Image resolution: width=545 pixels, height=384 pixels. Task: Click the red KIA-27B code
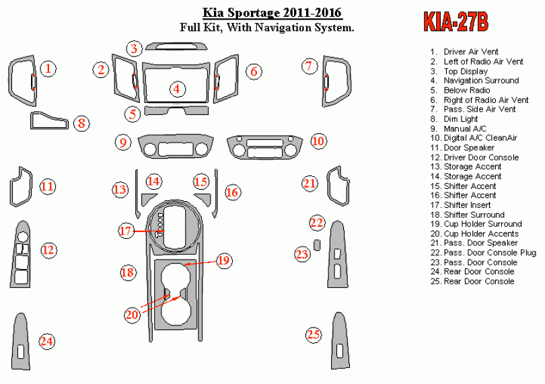456,22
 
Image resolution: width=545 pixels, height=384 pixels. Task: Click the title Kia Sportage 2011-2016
272,13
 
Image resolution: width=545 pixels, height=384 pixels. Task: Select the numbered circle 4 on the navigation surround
177,89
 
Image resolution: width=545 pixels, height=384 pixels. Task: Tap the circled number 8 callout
81,123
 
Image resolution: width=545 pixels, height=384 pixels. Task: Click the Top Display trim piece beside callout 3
176,46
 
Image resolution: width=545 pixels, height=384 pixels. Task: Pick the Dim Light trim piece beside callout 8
49,120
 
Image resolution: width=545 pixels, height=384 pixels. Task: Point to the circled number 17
125,231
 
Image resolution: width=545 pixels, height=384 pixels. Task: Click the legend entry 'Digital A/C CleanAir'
474,138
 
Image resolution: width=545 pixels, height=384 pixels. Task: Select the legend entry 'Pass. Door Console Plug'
483,253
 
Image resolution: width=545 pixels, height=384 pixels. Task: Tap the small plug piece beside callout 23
317,245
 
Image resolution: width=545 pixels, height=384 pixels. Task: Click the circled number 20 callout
132,315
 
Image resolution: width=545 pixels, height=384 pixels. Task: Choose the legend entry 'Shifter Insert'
460,205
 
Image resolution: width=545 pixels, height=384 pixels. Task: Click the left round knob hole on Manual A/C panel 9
150,149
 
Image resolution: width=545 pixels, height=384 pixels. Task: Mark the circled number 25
313,335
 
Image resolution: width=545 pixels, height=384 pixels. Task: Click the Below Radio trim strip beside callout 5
176,110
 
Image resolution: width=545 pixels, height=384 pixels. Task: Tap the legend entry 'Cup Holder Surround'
476,224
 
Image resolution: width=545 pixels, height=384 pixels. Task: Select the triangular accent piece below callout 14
148,199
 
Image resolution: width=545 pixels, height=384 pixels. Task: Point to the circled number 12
48,250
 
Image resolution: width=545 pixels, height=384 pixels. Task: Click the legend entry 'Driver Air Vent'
464,52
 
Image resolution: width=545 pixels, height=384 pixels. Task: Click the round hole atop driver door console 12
22,237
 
